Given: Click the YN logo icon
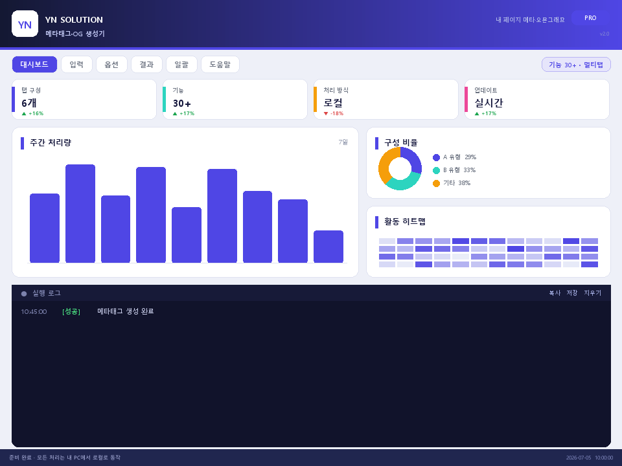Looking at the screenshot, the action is tap(25, 24).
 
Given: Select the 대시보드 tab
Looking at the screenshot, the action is tap(34, 64).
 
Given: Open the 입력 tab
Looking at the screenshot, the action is tap(76, 64).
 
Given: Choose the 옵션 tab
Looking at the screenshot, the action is tap(111, 64).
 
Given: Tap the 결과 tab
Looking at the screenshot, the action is tap(146, 64).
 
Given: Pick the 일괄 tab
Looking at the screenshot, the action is tap(181, 64).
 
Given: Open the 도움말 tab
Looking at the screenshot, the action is tap(220, 64).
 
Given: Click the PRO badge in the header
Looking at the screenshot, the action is tap(590, 18).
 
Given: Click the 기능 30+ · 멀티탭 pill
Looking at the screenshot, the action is tap(576, 65).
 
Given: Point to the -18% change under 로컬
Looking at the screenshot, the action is tap(334, 113).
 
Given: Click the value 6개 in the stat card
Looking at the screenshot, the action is tap(29, 103).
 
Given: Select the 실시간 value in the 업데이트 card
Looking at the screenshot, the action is tap(489, 103).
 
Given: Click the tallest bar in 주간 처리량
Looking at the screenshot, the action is tap(80, 214).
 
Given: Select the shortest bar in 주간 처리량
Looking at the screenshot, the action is tap(328, 247).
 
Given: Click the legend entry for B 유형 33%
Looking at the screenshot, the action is tap(454, 170).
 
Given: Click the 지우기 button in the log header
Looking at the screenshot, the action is tap(592, 293).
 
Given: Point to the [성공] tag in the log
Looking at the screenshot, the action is tap(71, 311).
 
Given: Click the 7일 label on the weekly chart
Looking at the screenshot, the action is tap(343, 142).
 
